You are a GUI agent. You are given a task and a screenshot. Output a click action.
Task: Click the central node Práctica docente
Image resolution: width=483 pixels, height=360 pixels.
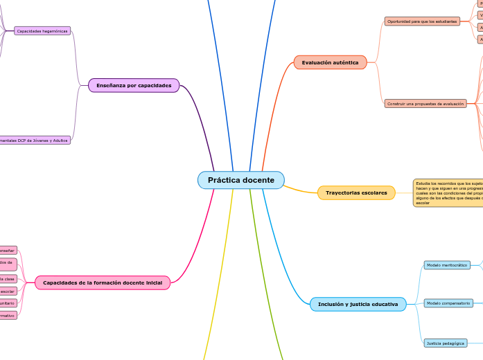pyautogui.click(x=240, y=180)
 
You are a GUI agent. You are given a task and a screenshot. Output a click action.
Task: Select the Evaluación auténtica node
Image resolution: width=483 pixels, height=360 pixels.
pyautogui.click(x=330, y=62)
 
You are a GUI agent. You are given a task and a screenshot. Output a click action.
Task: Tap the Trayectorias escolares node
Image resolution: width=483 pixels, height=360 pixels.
pyautogui.click(x=356, y=192)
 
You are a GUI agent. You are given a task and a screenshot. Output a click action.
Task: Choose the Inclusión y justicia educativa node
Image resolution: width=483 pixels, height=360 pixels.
pyautogui.click(x=358, y=304)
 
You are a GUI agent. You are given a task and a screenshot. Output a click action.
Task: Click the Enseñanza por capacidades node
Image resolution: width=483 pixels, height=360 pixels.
pyautogui.click(x=134, y=85)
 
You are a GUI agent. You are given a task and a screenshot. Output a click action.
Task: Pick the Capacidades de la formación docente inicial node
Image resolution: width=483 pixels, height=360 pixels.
pyautogui.click(x=102, y=282)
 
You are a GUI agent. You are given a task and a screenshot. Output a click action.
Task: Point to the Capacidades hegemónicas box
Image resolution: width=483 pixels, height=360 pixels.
pyautogui.click(x=42, y=31)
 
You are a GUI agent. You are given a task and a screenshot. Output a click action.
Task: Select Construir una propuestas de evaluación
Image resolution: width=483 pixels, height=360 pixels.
pyautogui.click(x=425, y=103)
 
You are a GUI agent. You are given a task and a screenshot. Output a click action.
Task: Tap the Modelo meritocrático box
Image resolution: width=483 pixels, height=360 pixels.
pyautogui.click(x=447, y=265)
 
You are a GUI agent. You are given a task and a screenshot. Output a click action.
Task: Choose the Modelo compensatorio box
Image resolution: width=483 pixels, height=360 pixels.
pyautogui.click(x=448, y=303)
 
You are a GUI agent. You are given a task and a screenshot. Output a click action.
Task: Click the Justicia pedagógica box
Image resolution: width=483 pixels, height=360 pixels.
pyautogui.click(x=445, y=343)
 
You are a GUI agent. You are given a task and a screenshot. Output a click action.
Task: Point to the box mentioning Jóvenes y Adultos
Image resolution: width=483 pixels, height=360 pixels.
pyautogui.click(x=35, y=140)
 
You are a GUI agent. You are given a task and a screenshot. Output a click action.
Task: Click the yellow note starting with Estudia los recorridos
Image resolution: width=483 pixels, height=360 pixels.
pyautogui.click(x=448, y=192)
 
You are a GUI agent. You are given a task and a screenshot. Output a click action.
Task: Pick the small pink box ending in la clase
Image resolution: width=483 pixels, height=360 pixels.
pyautogui.click(x=7, y=278)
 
